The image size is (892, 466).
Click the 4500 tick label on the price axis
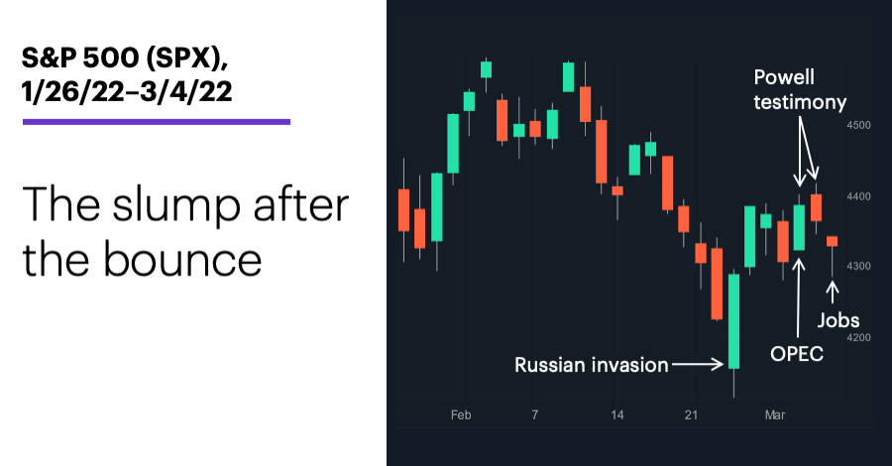point(858,125)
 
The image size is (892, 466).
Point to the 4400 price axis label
point(858,196)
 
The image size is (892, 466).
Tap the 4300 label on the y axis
point(858,266)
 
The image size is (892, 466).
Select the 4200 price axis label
point(858,337)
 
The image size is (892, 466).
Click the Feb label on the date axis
point(461,414)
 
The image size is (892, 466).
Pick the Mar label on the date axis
point(775,414)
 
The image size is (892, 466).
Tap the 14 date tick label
point(617,414)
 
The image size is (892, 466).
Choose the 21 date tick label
point(691,414)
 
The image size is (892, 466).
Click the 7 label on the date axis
point(535,414)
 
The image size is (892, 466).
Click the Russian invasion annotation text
point(591,365)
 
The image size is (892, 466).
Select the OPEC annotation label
point(797,354)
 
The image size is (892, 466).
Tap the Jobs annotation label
point(837,320)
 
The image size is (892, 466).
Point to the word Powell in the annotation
point(784,77)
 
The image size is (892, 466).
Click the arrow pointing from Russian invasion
point(698,364)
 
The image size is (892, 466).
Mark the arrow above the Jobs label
point(833,292)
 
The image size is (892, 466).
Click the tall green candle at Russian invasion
point(733,321)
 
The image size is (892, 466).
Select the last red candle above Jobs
point(833,241)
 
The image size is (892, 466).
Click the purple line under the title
point(157,122)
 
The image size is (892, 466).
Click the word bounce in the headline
point(182,260)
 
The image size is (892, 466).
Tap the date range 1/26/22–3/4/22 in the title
point(127,91)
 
